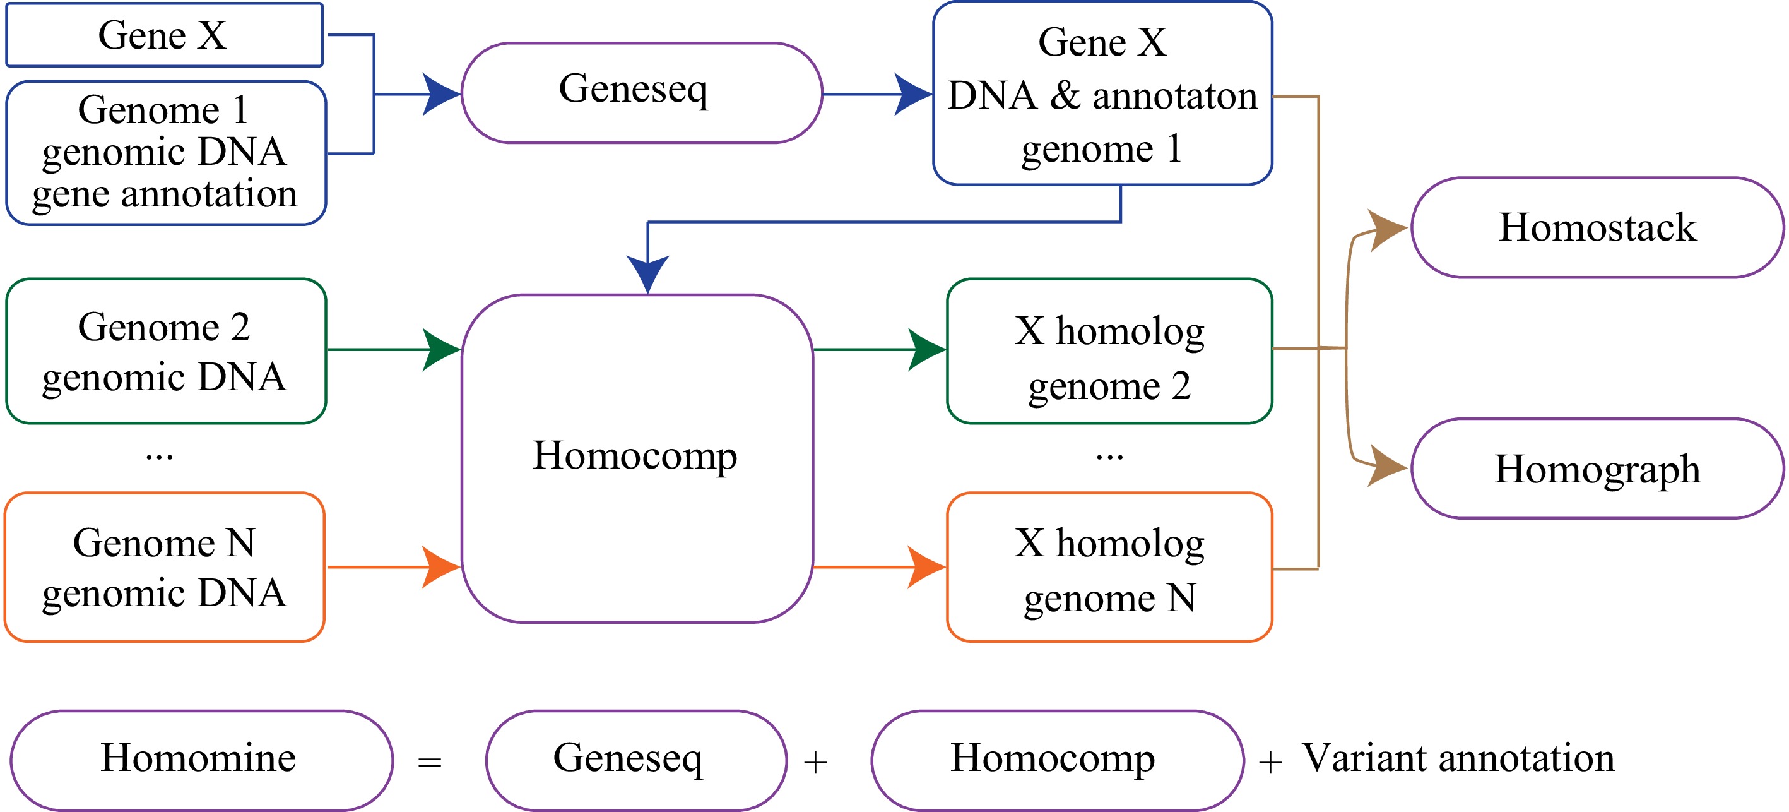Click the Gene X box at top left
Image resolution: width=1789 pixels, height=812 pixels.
pos(164,35)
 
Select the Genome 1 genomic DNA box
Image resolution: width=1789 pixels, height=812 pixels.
pos(165,153)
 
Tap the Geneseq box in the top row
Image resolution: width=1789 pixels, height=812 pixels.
pos(641,92)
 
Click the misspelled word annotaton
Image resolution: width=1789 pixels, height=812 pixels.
pos(1174,96)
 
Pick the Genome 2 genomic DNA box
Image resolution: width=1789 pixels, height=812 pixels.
pos(165,351)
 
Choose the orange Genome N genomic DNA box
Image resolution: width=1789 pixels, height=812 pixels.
pos(165,567)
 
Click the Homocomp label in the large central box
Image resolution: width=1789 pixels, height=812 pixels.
pos(635,456)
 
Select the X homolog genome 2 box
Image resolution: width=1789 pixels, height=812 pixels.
pos(1109,351)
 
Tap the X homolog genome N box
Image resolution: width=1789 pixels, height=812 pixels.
pos(1109,567)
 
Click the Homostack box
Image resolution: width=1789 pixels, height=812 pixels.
pos(1597,227)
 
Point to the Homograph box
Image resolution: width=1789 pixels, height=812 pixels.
pos(1597,468)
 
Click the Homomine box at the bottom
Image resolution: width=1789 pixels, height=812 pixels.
pos(201,759)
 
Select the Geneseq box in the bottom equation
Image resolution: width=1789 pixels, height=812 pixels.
pos(635,759)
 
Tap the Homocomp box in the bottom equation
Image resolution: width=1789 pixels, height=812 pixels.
pos(1056,759)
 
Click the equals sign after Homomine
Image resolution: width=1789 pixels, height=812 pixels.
pos(429,762)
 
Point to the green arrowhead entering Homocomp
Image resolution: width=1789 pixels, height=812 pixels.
pos(442,349)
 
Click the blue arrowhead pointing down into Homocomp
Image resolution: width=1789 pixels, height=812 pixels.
pos(647,273)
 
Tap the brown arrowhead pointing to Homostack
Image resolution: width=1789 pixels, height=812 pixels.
pos(1388,229)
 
